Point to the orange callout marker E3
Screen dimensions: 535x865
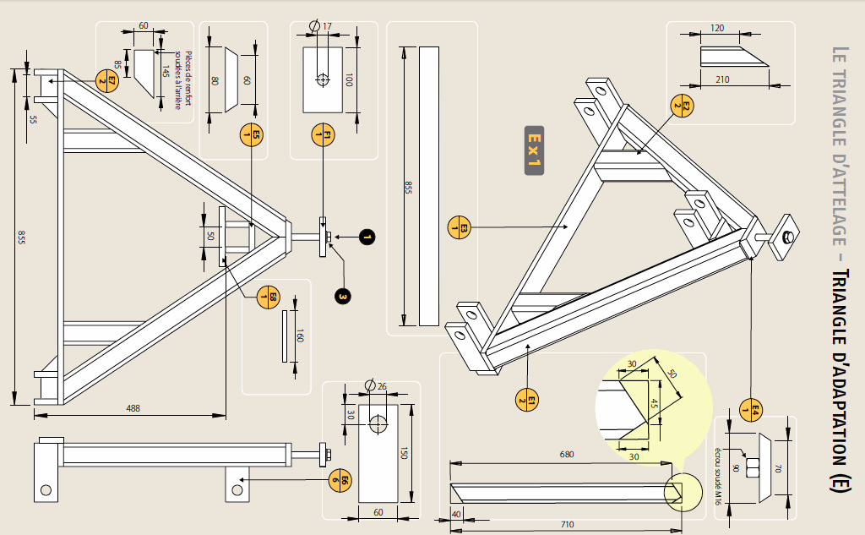tap(459, 227)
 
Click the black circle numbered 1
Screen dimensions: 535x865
tap(366, 237)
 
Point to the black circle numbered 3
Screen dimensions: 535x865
tap(342, 296)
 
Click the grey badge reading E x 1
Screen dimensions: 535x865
tap(533, 151)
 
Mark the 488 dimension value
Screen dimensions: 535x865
tap(133, 408)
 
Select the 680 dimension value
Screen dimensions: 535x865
tap(566, 454)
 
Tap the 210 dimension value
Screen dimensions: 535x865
tap(722, 79)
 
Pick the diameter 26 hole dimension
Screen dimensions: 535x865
tap(378, 386)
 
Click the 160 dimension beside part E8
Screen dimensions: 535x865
tap(300, 336)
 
